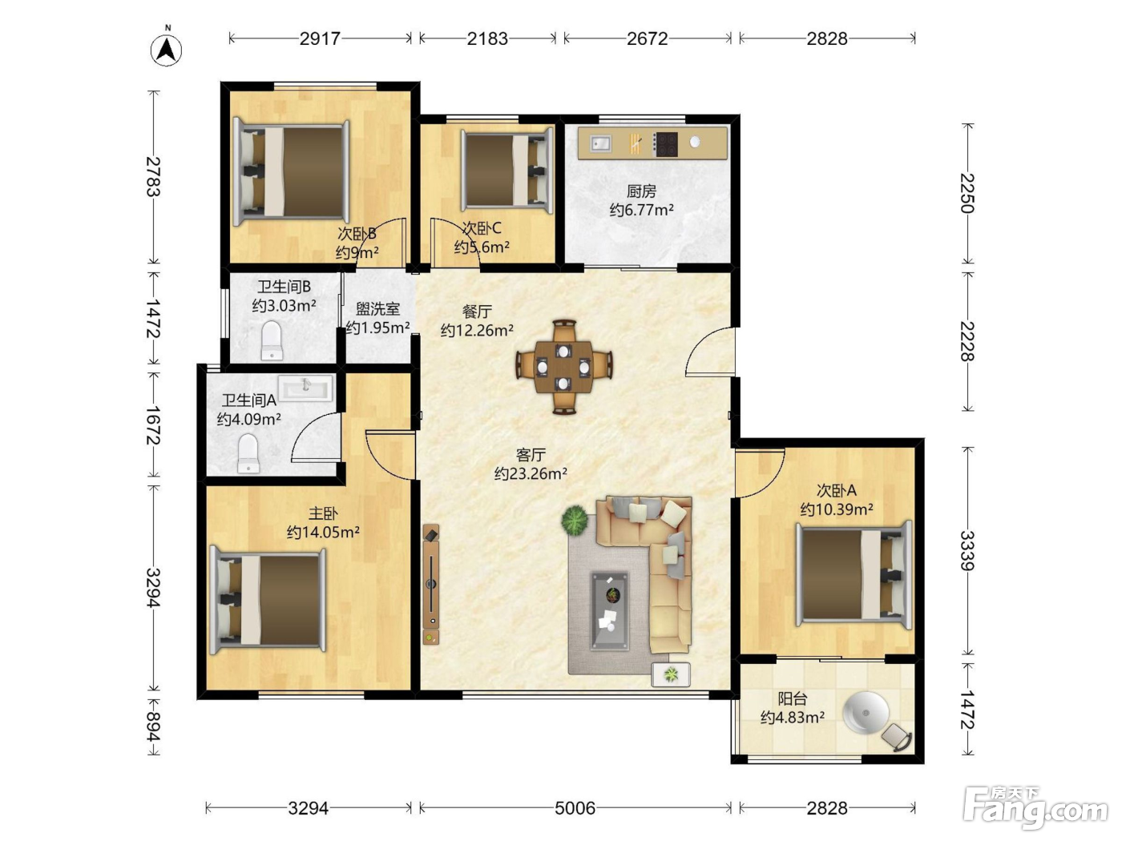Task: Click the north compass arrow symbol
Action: [x=166, y=50]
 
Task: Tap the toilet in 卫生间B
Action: [x=272, y=340]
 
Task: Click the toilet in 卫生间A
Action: [x=248, y=453]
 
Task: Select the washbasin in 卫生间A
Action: [x=305, y=388]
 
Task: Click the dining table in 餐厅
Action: [x=564, y=367]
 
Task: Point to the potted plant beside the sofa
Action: [x=575, y=520]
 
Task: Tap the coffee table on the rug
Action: [x=609, y=611]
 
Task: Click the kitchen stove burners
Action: [x=666, y=144]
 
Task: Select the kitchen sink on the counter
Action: [x=600, y=143]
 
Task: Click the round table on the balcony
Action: [x=866, y=713]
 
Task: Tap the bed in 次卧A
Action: [x=854, y=574]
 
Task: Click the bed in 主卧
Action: [x=268, y=600]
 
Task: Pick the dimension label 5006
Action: [x=575, y=808]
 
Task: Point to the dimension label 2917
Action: [x=320, y=38]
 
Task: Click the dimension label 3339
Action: [x=967, y=550]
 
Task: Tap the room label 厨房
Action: [x=641, y=191]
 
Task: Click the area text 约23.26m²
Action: [x=531, y=474]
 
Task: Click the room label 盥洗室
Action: [x=377, y=309]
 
